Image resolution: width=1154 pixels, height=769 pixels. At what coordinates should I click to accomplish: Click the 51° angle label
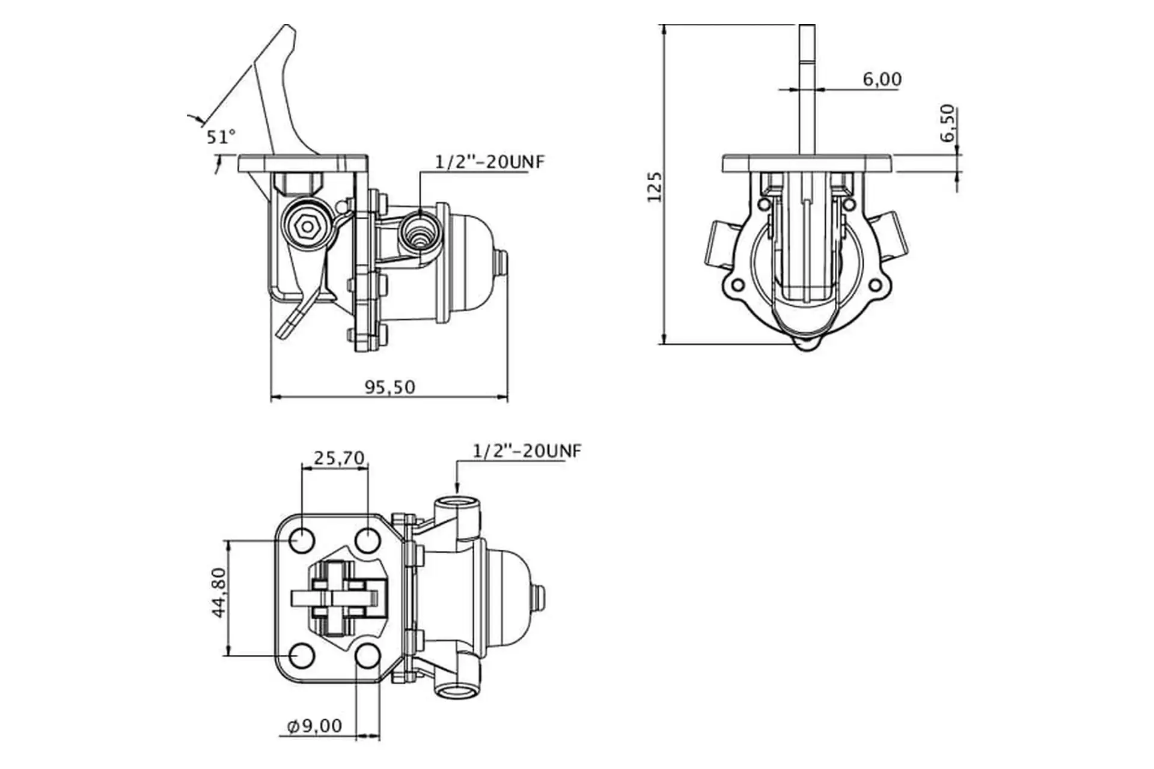[x=221, y=137]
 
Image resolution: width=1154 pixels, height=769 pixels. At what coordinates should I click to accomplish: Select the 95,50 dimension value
[x=390, y=387]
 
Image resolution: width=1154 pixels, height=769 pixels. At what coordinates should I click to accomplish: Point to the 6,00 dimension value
[x=882, y=79]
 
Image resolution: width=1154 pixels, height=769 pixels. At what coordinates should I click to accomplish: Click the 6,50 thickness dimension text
[x=947, y=123]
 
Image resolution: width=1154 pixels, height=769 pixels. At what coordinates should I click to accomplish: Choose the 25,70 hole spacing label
[x=339, y=458]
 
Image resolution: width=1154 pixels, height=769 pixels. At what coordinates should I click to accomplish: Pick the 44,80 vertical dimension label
[x=219, y=592]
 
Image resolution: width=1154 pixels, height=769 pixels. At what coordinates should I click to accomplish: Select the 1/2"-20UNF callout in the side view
[x=490, y=162]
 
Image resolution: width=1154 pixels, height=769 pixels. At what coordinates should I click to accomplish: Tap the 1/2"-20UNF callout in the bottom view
[x=527, y=451]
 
